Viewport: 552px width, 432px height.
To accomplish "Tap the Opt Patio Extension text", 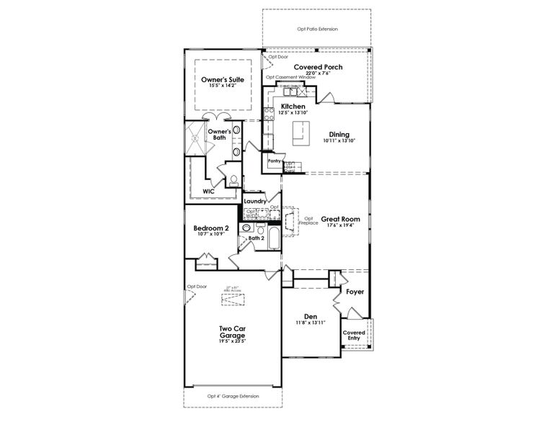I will tap(317, 29).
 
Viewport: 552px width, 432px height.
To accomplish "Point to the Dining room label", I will tap(339, 134).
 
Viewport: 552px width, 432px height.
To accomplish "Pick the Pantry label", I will tap(274, 161).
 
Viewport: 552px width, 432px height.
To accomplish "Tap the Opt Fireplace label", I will tap(309, 220).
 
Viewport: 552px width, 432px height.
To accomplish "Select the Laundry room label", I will tap(255, 201).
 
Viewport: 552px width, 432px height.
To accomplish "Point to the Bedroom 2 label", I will tap(210, 228).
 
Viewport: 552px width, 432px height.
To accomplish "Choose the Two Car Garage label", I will tap(232, 332).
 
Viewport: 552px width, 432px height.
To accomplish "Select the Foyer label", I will tap(355, 292).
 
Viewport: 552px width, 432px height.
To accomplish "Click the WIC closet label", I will tap(208, 192).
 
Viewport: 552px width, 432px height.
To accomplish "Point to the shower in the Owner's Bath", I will tap(196, 138).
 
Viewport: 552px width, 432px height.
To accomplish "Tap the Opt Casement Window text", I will tap(290, 77).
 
